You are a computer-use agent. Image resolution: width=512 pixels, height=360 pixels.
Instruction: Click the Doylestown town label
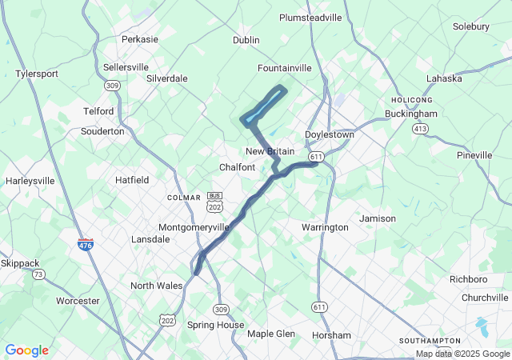329,134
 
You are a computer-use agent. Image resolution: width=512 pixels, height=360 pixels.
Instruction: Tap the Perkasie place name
140,38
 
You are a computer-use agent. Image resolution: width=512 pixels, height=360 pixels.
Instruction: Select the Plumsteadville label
310,17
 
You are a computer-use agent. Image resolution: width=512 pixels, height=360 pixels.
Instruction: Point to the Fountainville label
284,68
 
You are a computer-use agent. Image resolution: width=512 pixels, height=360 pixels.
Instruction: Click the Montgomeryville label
194,227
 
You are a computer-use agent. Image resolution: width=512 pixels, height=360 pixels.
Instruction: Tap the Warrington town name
325,227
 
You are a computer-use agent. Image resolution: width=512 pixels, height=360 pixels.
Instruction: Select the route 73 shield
38,274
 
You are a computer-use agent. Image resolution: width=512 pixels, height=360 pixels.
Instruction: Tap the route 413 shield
419,128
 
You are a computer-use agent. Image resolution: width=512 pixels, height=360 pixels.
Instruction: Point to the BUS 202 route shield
214,201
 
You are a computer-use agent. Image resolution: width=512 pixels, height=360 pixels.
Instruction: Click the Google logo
26,350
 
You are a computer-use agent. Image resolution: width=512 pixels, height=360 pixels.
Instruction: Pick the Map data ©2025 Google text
462,354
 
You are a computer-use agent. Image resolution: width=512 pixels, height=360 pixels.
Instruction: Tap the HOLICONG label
412,99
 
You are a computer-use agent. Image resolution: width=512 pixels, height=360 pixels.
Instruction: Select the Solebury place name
470,26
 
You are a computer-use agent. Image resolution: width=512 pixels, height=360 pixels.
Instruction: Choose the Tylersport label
37,74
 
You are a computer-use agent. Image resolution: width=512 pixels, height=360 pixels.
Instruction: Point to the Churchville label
485,298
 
